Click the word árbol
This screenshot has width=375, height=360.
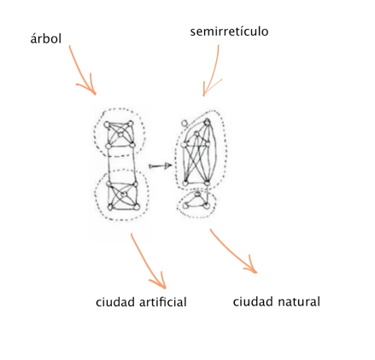[x=46, y=38]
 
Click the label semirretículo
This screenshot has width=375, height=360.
[x=229, y=31]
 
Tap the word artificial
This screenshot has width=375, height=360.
[x=163, y=302]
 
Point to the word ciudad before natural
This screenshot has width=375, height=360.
[x=253, y=301]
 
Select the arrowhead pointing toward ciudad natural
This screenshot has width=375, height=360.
[x=252, y=267]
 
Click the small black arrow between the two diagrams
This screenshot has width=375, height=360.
[x=161, y=166]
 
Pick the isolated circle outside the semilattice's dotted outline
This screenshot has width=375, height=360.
[x=185, y=123]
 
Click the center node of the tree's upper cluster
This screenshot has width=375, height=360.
[x=120, y=134]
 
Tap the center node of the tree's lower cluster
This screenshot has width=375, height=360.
[x=124, y=195]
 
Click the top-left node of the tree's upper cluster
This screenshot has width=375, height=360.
[x=107, y=125]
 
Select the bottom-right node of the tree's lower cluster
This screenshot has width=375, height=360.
[x=137, y=207]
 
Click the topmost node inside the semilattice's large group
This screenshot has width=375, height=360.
[x=208, y=122]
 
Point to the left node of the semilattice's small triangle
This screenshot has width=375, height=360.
[x=185, y=205]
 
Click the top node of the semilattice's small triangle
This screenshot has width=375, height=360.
[x=197, y=195]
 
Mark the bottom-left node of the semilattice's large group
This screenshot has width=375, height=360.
[x=185, y=183]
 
